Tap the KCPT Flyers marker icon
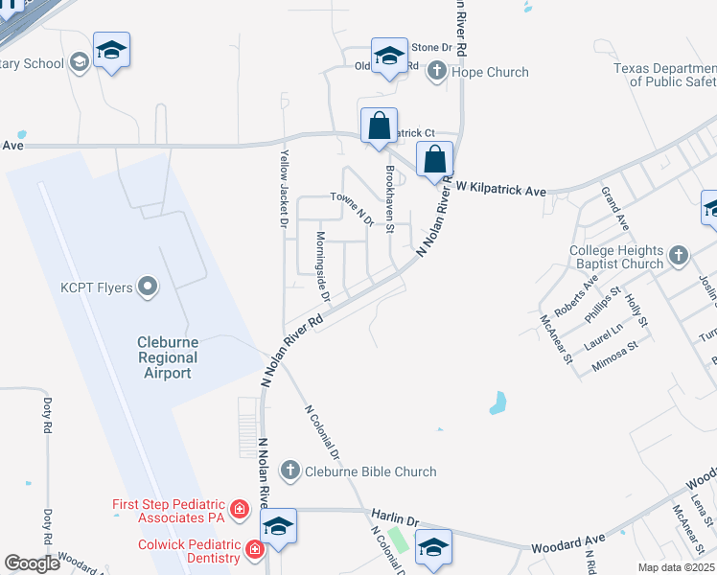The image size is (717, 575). [x=148, y=287]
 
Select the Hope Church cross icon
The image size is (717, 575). [x=437, y=71]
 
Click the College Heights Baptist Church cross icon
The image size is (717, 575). [x=679, y=255]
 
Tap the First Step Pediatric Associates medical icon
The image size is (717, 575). [x=240, y=510]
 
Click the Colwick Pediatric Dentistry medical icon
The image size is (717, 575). [x=254, y=550]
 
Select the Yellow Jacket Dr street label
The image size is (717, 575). [x=284, y=188]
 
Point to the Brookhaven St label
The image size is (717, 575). [x=389, y=199]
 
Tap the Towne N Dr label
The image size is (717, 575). [x=351, y=208]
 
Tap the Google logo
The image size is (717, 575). [x=32, y=563]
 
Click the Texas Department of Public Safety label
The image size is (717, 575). [x=665, y=75]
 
